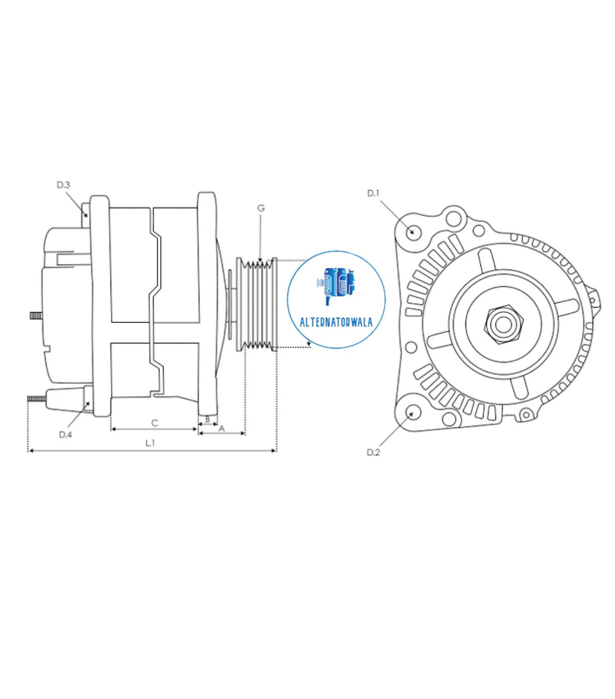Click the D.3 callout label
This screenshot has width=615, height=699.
tap(63, 185)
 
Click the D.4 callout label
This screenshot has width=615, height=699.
tap(65, 434)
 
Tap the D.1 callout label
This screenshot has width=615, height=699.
tap(373, 193)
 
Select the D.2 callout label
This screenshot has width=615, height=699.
tap(373, 452)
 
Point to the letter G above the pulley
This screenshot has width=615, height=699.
tap(261, 208)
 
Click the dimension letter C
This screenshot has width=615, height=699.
tap(155, 423)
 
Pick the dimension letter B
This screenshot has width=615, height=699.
tap(207, 419)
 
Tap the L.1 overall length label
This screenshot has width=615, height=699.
tap(150, 443)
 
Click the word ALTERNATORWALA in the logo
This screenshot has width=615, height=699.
tap(336, 322)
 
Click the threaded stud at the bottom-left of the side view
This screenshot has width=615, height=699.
tap(36, 398)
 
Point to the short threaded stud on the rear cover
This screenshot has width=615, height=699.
tap(36, 316)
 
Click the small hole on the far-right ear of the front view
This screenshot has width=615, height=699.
tap(593, 301)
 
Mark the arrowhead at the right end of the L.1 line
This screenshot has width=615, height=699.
tap(274, 451)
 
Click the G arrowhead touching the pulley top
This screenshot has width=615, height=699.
tap(260, 259)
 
